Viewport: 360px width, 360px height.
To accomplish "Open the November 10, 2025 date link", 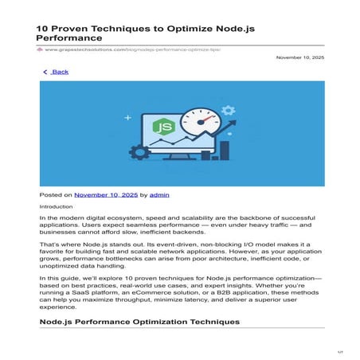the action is pyautogui.click(x=106, y=194).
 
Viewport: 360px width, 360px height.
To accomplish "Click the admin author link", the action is pyautogui.click(x=159, y=194).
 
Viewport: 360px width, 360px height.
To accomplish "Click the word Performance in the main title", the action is pyautogui.click(x=69, y=37).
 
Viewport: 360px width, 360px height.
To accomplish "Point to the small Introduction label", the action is pyautogui.click(x=56, y=206).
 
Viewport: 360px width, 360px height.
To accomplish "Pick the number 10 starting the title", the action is pyautogui.click(x=44, y=28).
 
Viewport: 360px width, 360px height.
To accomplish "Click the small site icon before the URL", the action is pyautogui.click(x=41, y=49).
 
